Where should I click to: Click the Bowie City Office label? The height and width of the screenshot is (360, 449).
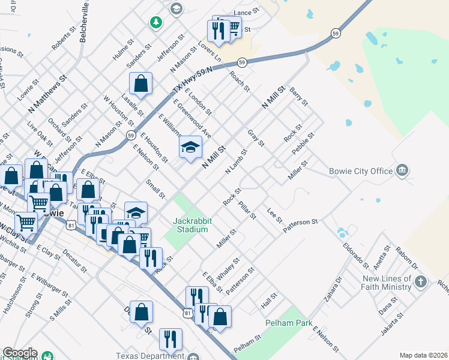point(361,171)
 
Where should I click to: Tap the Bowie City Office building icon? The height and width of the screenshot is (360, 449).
point(402,170)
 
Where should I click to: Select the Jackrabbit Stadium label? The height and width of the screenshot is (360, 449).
point(191,225)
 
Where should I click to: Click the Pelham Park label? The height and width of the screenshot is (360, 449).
point(289,323)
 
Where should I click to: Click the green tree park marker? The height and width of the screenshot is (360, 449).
point(156,22)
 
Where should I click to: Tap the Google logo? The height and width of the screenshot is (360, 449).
point(20,353)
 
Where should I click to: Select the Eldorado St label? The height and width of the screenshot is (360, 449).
point(355,254)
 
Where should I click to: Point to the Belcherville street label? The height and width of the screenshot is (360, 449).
point(84,21)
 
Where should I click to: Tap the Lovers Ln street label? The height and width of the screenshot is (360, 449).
point(209,52)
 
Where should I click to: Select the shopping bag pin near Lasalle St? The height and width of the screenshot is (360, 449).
point(140,84)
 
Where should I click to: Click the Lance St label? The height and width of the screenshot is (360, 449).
point(246,11)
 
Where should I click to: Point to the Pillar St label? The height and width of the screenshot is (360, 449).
point(247,211)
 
